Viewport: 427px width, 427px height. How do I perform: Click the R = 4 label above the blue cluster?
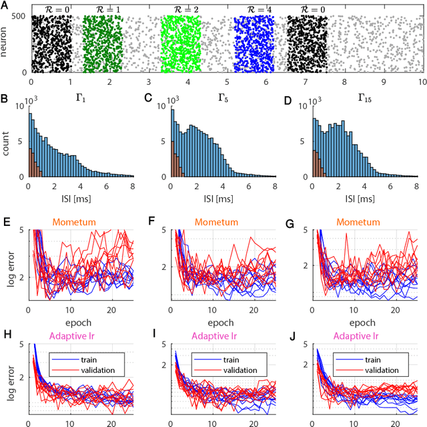(x=251, y=10)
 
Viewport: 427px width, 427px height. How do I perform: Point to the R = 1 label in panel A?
(x=102, y=10)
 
